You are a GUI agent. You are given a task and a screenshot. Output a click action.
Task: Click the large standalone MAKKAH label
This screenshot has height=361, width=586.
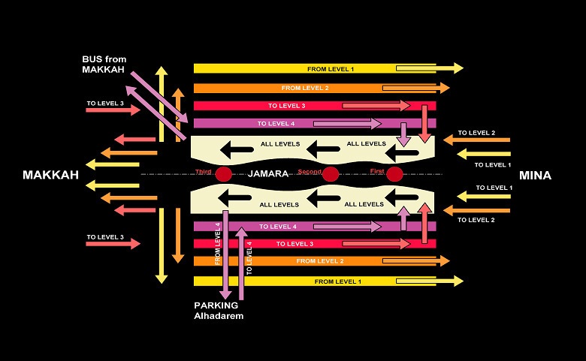50,175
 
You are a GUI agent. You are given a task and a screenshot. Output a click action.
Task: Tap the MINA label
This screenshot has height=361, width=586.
535,176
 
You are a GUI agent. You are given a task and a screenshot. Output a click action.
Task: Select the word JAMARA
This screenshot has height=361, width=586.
269,173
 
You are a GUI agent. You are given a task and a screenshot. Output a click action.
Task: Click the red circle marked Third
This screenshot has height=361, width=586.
223,175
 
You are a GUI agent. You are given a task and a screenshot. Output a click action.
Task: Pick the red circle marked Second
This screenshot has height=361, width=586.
331,175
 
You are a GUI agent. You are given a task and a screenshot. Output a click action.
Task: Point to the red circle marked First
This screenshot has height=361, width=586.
395,175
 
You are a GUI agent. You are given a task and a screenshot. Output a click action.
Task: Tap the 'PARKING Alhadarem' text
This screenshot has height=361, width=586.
219,311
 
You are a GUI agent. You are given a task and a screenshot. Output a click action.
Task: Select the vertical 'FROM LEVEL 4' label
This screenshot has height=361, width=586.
218,244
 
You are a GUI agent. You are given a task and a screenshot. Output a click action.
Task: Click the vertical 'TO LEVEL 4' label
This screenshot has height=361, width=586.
249,257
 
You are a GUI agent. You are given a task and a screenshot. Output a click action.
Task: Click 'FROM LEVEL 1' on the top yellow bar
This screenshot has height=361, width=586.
331,69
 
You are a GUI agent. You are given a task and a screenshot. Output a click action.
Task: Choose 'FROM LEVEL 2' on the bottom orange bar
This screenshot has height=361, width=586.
320,261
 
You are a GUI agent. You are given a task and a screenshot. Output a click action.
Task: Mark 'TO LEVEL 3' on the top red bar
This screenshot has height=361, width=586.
287,106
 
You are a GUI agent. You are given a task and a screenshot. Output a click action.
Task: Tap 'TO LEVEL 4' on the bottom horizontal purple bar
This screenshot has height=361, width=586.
278,226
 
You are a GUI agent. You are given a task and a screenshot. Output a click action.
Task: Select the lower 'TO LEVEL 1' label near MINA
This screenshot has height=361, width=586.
494,188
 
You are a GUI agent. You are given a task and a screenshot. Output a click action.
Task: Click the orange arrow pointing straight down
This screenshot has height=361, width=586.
178,236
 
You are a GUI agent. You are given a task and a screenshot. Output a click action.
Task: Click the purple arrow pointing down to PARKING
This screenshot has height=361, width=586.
225,255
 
